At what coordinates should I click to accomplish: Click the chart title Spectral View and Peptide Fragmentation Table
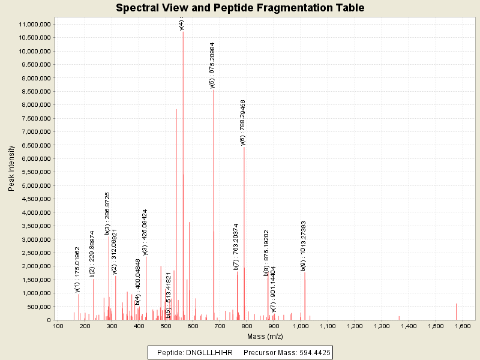click(x=240, y=8)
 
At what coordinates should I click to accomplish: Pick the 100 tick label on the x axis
click(x=58, y=326)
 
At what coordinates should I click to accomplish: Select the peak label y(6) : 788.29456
click(x=242, y=123)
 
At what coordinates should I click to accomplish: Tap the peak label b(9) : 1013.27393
click(x=303, y=246)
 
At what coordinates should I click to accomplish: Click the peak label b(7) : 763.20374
click(x=236, y=246)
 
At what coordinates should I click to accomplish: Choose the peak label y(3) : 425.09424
click(x=145, y=232)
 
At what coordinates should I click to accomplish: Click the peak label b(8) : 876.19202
click(x=266, y=252)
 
